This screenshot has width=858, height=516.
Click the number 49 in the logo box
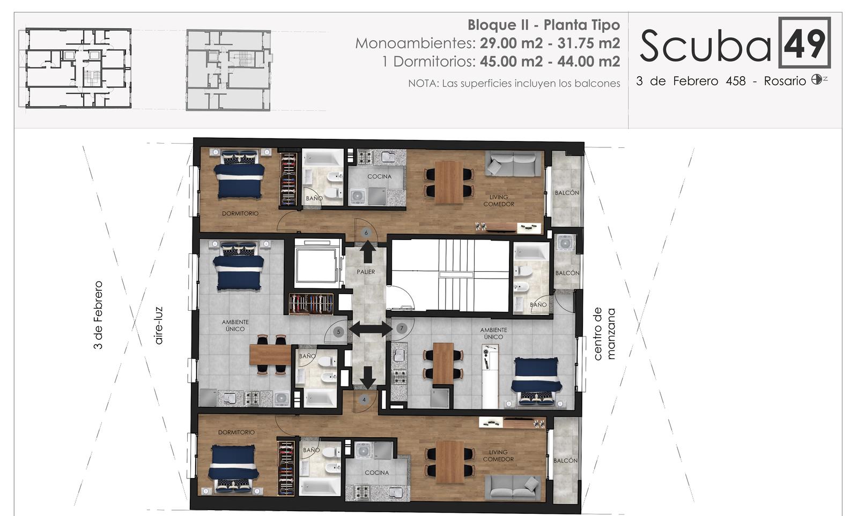tap(804, 43)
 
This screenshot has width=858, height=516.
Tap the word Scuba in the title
tap(706, 46)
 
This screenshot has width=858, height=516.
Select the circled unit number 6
tap(366, 233)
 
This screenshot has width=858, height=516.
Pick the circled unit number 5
tap(338, 332)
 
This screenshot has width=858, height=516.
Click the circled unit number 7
tap(402, 328)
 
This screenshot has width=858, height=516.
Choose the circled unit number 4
tap(364, 400)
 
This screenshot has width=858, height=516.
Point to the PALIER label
tap(366, 272)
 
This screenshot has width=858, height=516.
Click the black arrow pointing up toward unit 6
tap(368, 251)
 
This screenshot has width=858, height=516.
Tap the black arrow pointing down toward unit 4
tap(368, 377)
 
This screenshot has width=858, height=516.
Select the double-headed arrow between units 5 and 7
tap(371, 329)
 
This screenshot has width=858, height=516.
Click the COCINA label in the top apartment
tap(380, 176)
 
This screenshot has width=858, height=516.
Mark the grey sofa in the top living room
tap(513, 163)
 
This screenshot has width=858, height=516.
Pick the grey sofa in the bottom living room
tap(513, 488)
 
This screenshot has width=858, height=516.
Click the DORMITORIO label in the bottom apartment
tap(236, 432)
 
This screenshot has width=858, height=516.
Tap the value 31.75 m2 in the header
tap(589, 43)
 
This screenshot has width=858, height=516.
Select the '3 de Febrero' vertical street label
tap(98, 315)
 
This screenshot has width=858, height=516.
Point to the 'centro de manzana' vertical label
tap(604, 334)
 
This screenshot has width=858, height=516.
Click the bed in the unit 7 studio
tap(536, 381)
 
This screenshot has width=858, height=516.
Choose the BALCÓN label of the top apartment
tap(567, 193)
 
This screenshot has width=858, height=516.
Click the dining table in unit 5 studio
tap(270, 355)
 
